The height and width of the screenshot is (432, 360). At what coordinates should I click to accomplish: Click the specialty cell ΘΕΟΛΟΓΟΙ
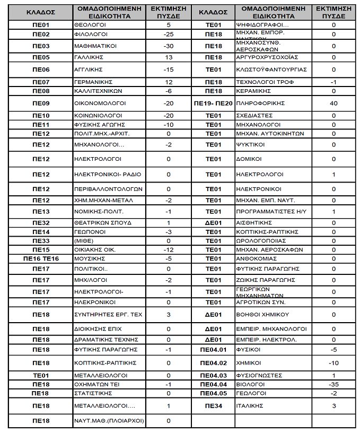tap(91, 25)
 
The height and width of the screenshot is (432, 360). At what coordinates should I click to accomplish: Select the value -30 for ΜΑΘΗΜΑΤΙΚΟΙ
tap(169, 46)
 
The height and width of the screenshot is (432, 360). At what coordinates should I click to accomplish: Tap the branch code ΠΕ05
tap(41, 57)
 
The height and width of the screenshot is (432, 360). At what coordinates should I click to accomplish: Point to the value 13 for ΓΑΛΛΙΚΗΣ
tap(169, 57)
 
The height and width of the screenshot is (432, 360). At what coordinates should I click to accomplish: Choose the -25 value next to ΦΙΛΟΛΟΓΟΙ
tap(169, 34)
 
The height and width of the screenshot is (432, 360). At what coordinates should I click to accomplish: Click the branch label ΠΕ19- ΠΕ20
tap(213, 103)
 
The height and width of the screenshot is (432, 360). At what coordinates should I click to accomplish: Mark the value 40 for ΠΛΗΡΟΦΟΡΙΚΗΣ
tap(333, 103)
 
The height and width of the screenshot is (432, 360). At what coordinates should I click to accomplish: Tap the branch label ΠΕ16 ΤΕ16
tap(41, 258)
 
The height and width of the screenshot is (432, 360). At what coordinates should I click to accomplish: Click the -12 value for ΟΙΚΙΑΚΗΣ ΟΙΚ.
tap(169, 249)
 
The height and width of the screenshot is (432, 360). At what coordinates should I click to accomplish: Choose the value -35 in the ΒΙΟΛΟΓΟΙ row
tap(333, 384)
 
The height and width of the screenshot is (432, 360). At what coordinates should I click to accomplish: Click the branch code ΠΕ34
tap(213, 406)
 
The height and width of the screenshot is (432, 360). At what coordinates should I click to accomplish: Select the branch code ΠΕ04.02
tap(213, 363)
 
